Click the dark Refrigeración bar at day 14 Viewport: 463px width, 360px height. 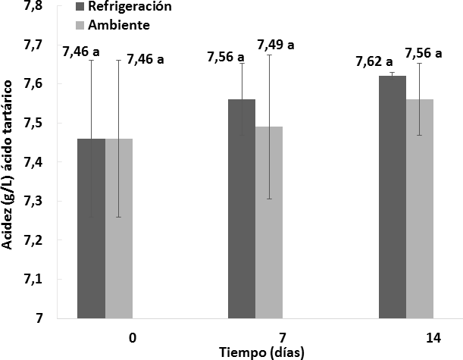[393, 197]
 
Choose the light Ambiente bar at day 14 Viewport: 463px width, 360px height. [420, 208]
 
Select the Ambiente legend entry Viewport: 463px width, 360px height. [121, 25]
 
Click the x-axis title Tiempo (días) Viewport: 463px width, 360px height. [256, 352]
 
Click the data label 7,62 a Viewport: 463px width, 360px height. [374, 61]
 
